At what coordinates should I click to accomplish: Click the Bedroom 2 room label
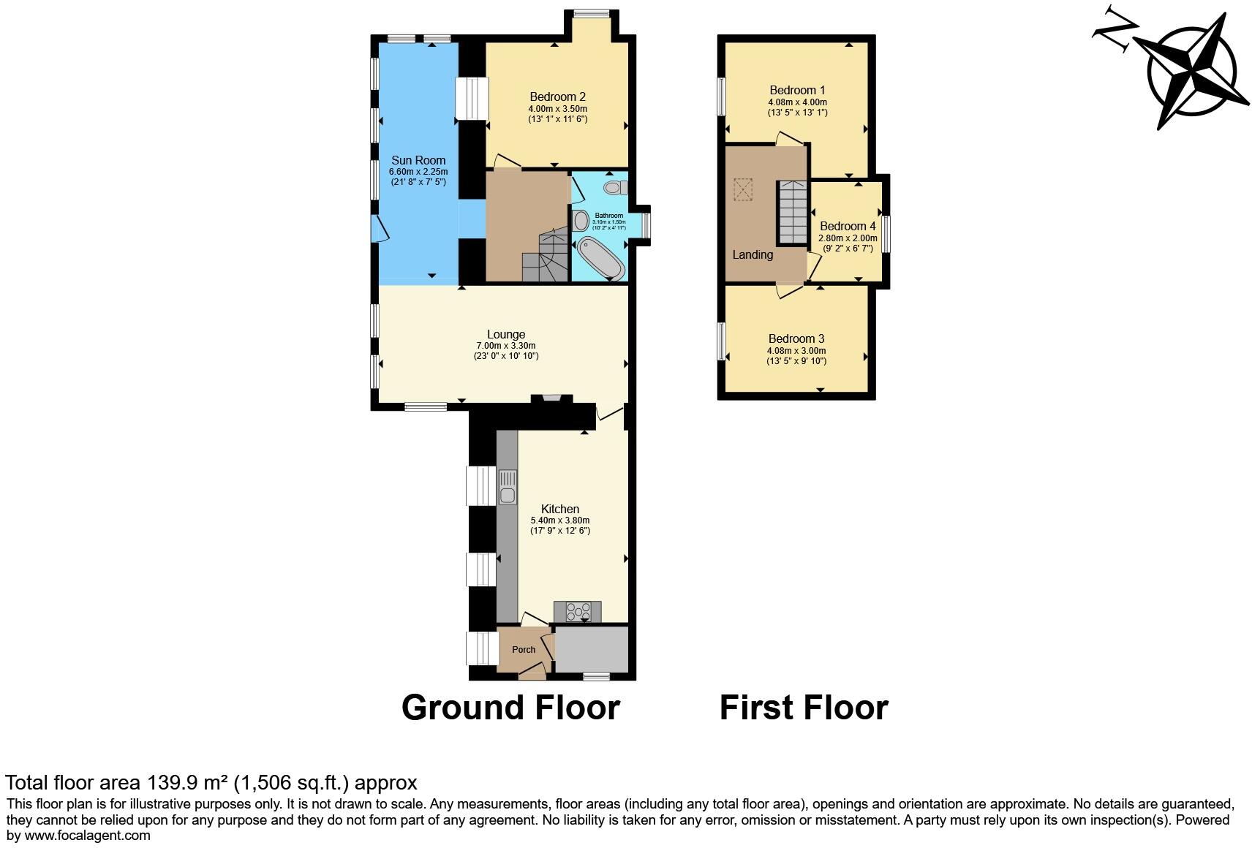557,96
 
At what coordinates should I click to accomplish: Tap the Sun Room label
418,160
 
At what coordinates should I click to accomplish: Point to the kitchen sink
507,488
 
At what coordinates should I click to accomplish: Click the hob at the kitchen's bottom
578,611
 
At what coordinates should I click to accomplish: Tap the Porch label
524,649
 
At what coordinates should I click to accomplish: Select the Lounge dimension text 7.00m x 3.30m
506,346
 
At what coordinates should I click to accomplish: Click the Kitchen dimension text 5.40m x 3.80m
560,520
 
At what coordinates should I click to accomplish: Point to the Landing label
753,254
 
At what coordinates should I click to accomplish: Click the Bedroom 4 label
848,227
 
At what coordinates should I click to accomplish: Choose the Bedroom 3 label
796,338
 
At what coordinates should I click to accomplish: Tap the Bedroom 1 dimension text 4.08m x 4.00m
797,102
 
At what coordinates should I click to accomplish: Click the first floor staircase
792,212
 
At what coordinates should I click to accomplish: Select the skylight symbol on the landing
743,190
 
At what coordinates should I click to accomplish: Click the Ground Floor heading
510,708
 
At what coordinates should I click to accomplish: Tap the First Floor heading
803,708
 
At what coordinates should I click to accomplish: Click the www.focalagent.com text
88,836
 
